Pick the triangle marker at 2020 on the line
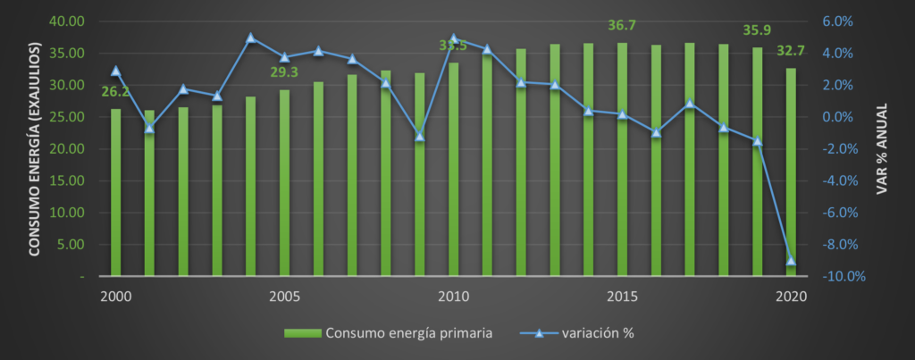pos(791,261)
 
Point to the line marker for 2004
pos(251,38)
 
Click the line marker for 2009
pos(420,136)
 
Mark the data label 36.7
pos(622,25)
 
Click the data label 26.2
pos(115,91)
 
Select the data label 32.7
pos(790,51)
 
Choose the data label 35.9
pos(758,30)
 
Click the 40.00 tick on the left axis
pos(67,21)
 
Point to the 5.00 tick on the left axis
pos(71,245)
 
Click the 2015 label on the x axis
pos(622,296)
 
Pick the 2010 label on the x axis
pos(453,296)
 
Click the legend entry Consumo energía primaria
pos(390,333)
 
